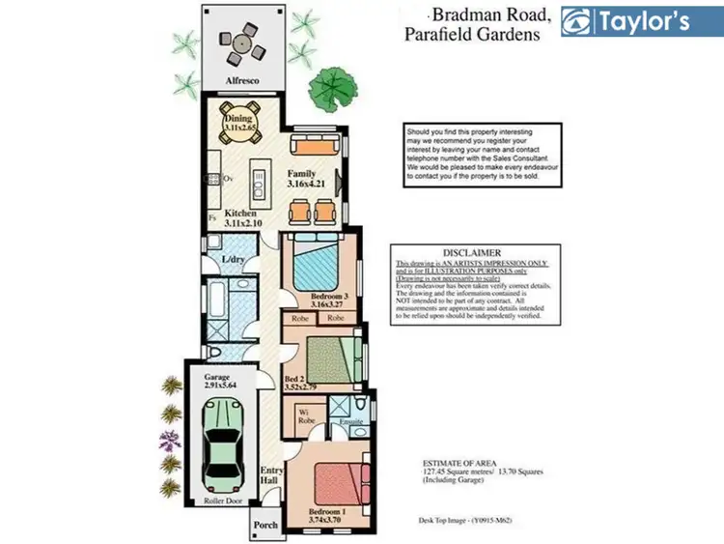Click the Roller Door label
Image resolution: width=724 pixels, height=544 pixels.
coord(223,502)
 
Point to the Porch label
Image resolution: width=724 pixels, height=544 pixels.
coord(265,525)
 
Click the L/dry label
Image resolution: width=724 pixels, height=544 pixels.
coord(233,260)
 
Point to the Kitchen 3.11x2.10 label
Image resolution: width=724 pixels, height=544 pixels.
coord(241,217)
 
